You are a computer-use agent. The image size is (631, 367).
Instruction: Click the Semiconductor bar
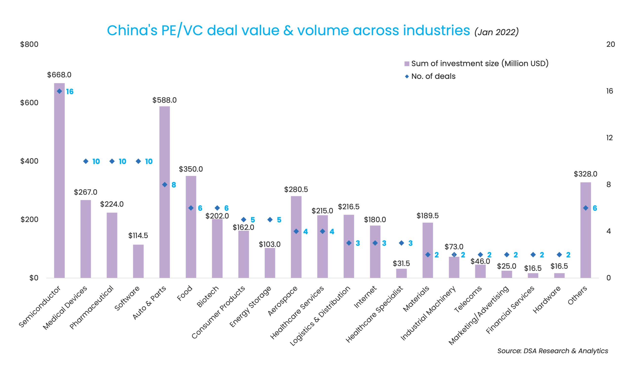59,180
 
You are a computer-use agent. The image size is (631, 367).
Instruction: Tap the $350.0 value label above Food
191,169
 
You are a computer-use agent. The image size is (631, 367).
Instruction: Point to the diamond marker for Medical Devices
86,161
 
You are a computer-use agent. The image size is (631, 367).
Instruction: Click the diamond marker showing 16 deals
59,91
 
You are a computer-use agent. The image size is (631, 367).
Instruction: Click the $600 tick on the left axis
29,103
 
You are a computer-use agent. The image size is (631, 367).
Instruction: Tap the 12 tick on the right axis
610,138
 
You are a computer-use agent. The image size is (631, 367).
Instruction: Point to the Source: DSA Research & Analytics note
552,351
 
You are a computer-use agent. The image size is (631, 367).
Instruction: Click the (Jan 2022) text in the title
496,32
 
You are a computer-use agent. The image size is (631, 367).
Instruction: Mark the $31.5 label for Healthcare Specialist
401,264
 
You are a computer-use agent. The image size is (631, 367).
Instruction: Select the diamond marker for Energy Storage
270,220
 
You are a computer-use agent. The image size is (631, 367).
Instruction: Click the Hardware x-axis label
547,300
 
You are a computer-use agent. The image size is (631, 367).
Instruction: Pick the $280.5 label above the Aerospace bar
296,190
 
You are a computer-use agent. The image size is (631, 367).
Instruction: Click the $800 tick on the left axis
29,44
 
